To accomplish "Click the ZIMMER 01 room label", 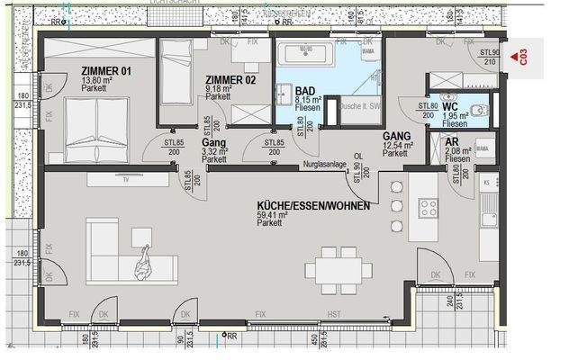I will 106,71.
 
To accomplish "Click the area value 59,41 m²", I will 273,215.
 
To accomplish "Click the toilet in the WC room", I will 478,110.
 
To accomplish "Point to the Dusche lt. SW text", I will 361,106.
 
